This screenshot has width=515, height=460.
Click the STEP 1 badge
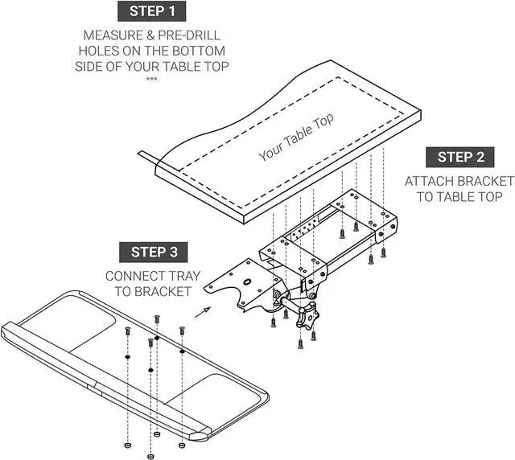152,11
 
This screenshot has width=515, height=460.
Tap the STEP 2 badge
461,157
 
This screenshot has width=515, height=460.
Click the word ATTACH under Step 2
433,181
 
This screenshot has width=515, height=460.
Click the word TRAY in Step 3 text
184,276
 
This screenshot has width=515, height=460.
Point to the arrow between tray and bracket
204,310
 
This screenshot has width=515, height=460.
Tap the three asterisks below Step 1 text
151,79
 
